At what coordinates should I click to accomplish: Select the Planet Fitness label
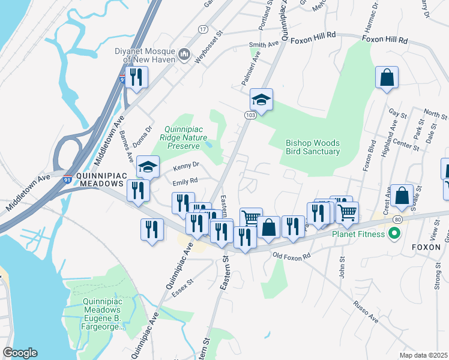pyautogui.click(x=359, y=234)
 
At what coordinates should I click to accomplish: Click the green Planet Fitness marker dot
pyautogui.click(x=394, y=233)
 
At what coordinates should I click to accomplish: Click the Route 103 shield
pyautogui.click(x=250, y=114)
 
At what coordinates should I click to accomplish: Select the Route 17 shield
pyautogui.click(x=203, y=29)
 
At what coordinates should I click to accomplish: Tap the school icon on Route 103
pyautogui.click(x=261, y=99)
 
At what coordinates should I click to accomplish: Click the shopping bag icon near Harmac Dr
pyautogui.click(x=387, y=77)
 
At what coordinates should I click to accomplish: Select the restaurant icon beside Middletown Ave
pyautogui.click(x=137, y=77)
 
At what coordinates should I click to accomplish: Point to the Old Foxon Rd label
pyautogui.click(x=292, y=256)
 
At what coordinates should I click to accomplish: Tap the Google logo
pyautogui.click(x=20, y=353)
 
